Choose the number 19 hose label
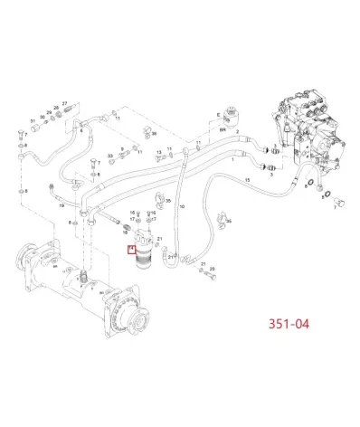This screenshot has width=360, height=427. click(x=62, y=206)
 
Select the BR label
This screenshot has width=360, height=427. click(x=221, y=129)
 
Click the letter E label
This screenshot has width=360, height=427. click(x=218, y=114)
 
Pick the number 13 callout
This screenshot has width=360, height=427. click(x=158, y=153)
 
